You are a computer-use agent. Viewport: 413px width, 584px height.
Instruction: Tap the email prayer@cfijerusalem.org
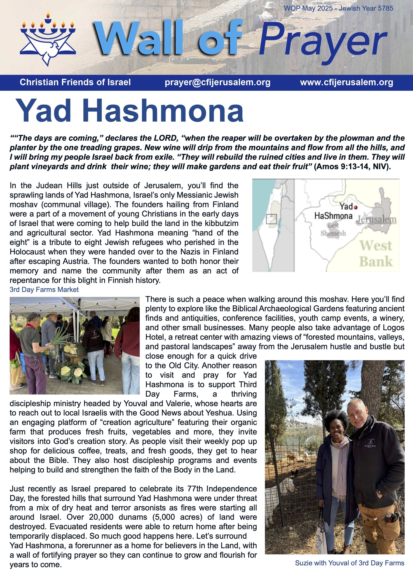(x=217, y=82)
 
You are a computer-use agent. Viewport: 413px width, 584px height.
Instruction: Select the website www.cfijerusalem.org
(x=347, y=82)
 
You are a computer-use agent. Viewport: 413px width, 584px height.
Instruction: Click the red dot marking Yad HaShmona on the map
(x=356, y=207)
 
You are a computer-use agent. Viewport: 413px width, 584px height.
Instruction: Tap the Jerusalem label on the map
(x=376, y=219)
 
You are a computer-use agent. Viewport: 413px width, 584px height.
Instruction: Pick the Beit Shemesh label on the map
(x=333, y=229)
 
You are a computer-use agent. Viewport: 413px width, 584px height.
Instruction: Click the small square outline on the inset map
(x=271, y=219)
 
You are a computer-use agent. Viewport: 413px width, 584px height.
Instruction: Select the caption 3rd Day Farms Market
(x=44, y=289)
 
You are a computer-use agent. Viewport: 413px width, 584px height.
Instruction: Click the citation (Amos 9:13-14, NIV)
(x=352, y=167)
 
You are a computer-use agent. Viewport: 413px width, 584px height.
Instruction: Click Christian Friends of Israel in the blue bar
(x=75, y=82)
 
